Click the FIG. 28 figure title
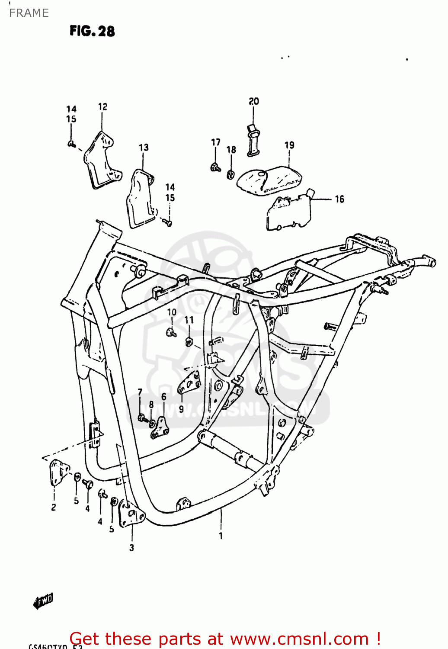(x=92, y=31)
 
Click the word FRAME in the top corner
(x=29, y=13)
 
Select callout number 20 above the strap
(x=253, y=101)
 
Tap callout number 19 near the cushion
(x=289, y=145)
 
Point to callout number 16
(x=339, y=199)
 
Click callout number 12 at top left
(x=102, y=107)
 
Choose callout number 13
(x=144, y=148)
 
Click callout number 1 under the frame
(x=221, y=536)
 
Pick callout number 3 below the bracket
(x=131, y=547)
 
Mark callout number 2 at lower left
(x=54, y=507)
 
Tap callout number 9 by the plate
(x=181, y=409)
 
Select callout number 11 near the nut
(x=189, y=320)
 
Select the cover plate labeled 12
(x=99, y=161)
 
